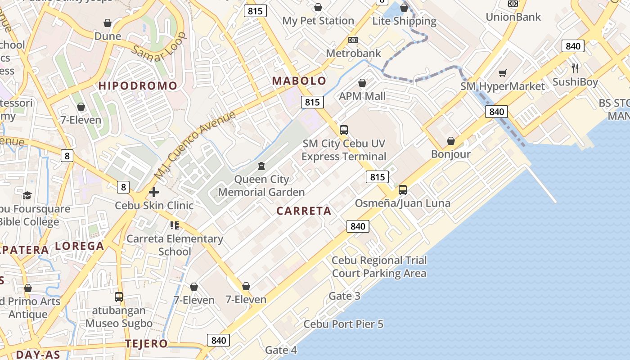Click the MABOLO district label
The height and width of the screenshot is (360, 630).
coord(299,81)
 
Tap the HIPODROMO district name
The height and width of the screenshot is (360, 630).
coord(138,85)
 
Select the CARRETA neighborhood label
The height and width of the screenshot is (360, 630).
coord(304,211)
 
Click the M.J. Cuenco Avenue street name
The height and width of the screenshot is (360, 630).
coord(194,145)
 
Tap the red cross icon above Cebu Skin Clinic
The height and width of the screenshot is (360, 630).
coord(154,193)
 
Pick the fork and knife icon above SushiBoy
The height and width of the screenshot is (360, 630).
coord(575,68)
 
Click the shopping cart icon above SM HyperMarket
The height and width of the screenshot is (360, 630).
coord(503,73)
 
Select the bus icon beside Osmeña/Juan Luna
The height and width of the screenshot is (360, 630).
coord(403,190)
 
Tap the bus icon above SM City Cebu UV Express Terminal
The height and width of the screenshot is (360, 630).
coord(344,130)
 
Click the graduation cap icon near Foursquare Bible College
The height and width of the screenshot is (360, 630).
coord(27,195)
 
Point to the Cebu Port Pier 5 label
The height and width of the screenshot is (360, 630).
coord(343,324)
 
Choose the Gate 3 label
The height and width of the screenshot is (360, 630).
coord(345,296)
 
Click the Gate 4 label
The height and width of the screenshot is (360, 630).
coord(281,350)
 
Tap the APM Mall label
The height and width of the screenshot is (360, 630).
coord(362,96)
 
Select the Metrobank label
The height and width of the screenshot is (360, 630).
coord(353,53)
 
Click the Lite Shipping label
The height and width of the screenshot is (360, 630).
coord(404,21)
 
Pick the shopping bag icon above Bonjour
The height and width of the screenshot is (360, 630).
coord(451,141)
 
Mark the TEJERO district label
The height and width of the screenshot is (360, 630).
coord(146,344)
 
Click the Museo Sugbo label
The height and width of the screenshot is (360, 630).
coord(119,323)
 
